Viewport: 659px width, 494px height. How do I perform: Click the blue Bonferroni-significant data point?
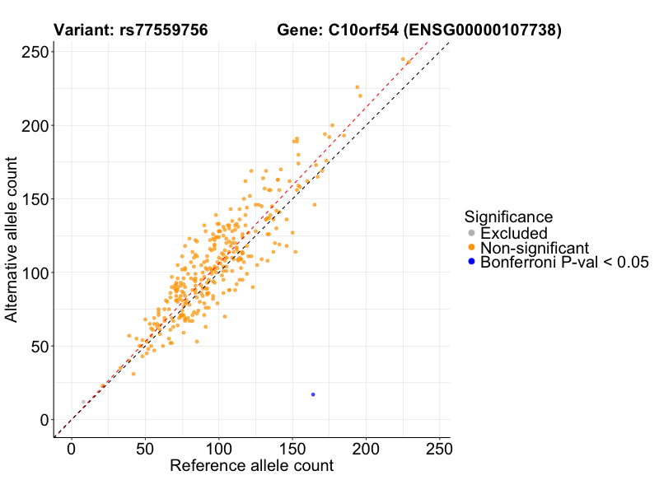tap(313, 394)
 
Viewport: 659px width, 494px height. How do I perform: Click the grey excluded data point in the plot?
tap(83, 402)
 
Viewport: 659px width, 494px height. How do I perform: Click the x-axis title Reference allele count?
tap(251, 466)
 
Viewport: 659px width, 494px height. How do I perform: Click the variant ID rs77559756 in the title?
tap(160, 31)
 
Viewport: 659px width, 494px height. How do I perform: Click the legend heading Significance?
tap(508, 217)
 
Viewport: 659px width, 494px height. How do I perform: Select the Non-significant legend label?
tap(535, 248)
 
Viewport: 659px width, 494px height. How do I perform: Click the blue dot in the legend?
tap(471, 262)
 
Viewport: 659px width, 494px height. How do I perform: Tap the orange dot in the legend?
tap(471, 248)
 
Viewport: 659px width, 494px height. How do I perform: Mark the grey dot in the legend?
tap(471, 234)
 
